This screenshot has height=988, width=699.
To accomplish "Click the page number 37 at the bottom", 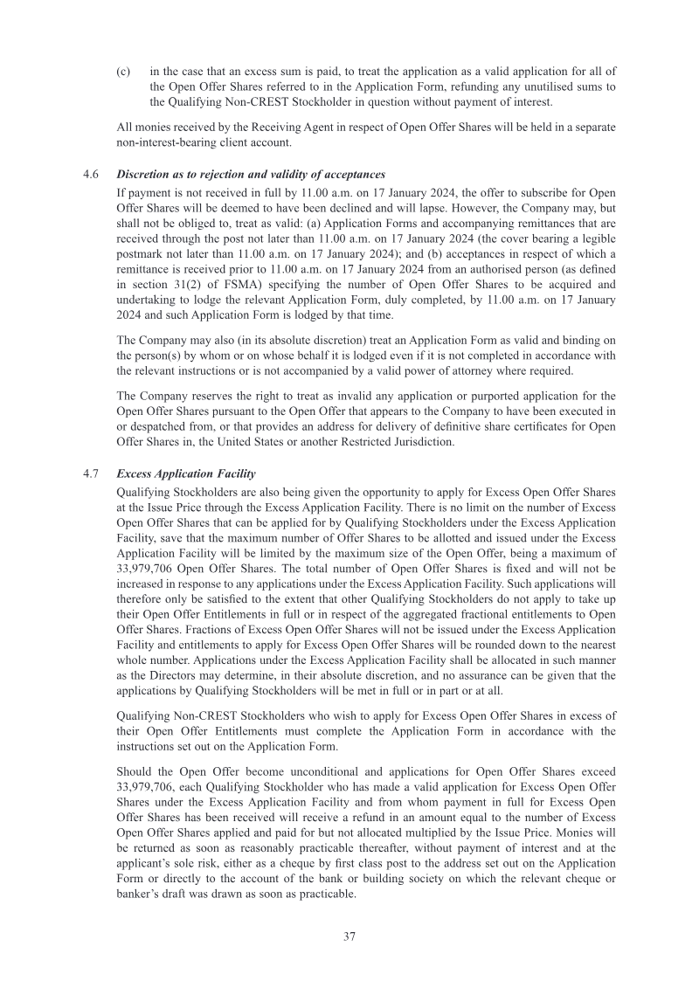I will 349,936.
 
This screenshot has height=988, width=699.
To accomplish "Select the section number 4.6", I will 90,175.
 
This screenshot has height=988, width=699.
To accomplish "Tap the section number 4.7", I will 90,473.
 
